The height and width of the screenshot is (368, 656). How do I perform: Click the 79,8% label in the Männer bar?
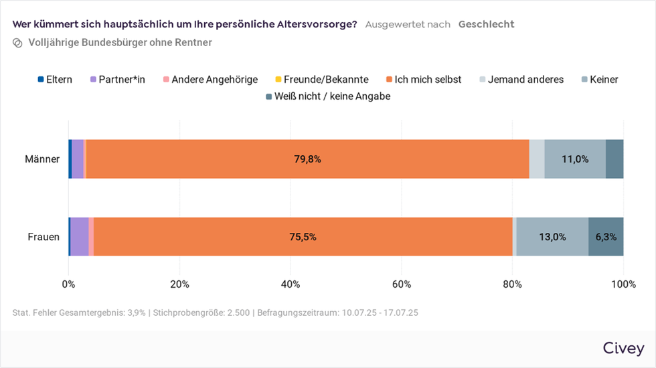coord(307,159)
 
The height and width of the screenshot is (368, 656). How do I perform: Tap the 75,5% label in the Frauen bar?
coord(303,237)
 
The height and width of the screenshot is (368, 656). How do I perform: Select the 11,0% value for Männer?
coord(574,159)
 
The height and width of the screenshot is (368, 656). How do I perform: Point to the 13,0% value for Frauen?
coord(552,237)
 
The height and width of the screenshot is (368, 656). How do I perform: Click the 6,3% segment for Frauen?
coord(606,237)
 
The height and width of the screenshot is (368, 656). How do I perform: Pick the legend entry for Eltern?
coord(55,80)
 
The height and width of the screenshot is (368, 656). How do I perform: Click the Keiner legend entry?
coord(599,80)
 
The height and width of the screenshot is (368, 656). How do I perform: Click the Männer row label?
coord(42,159)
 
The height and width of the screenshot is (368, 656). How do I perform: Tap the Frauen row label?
coord(44,237)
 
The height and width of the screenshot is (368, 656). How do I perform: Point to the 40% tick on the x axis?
coord(291,284)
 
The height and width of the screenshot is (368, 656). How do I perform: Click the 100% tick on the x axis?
coord(623,284)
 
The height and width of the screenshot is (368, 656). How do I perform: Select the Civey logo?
coord(623,349)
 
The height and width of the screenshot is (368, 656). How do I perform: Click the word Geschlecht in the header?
coord(486,24)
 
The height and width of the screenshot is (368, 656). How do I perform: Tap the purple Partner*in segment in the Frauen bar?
coord(79,237)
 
